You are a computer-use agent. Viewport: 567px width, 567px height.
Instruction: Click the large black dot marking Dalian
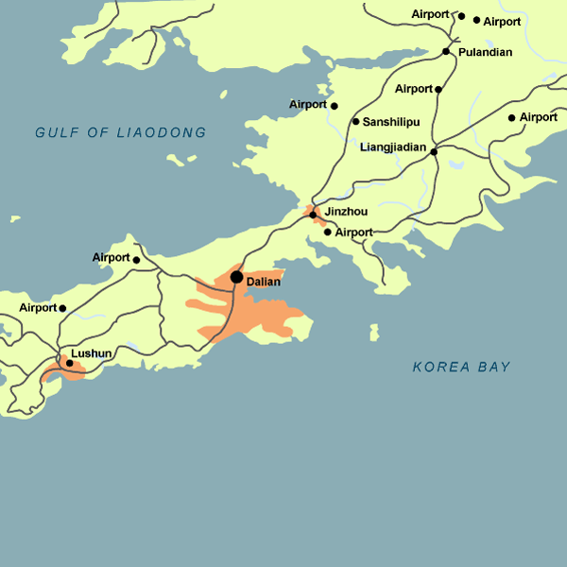tap(236, 277)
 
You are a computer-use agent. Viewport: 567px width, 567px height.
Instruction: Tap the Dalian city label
tap(263, 282)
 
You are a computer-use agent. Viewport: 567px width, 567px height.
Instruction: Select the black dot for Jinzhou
tap(313, 215)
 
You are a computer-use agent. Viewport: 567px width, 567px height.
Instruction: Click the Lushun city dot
tap(69, 363)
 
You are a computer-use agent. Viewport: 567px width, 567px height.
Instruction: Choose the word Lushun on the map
tap(92, 353)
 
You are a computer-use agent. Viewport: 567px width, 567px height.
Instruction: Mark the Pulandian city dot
tap(446, 51)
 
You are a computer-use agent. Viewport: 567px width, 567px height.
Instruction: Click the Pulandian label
tap(485, 52)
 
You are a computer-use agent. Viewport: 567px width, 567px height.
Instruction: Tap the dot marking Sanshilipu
tap(355, 121)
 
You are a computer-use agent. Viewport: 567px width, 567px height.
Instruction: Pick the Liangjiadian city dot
tap(434, 151)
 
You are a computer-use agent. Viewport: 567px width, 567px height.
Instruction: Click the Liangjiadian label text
tap(394, 147)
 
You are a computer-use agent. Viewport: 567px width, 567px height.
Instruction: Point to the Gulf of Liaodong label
tap(120, 133)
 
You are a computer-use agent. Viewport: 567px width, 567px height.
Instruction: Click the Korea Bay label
tap(461, 367)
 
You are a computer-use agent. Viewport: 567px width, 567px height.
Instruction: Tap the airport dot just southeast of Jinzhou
tap(327, 232)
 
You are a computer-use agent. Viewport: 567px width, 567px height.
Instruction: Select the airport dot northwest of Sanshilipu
tap(334, 105)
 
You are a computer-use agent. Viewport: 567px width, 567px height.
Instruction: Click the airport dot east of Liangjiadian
tap(511, 118)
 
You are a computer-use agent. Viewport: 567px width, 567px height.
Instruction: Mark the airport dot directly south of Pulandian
tap(438, 90)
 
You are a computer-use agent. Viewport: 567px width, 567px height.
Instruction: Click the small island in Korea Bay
tap(374, 333)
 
